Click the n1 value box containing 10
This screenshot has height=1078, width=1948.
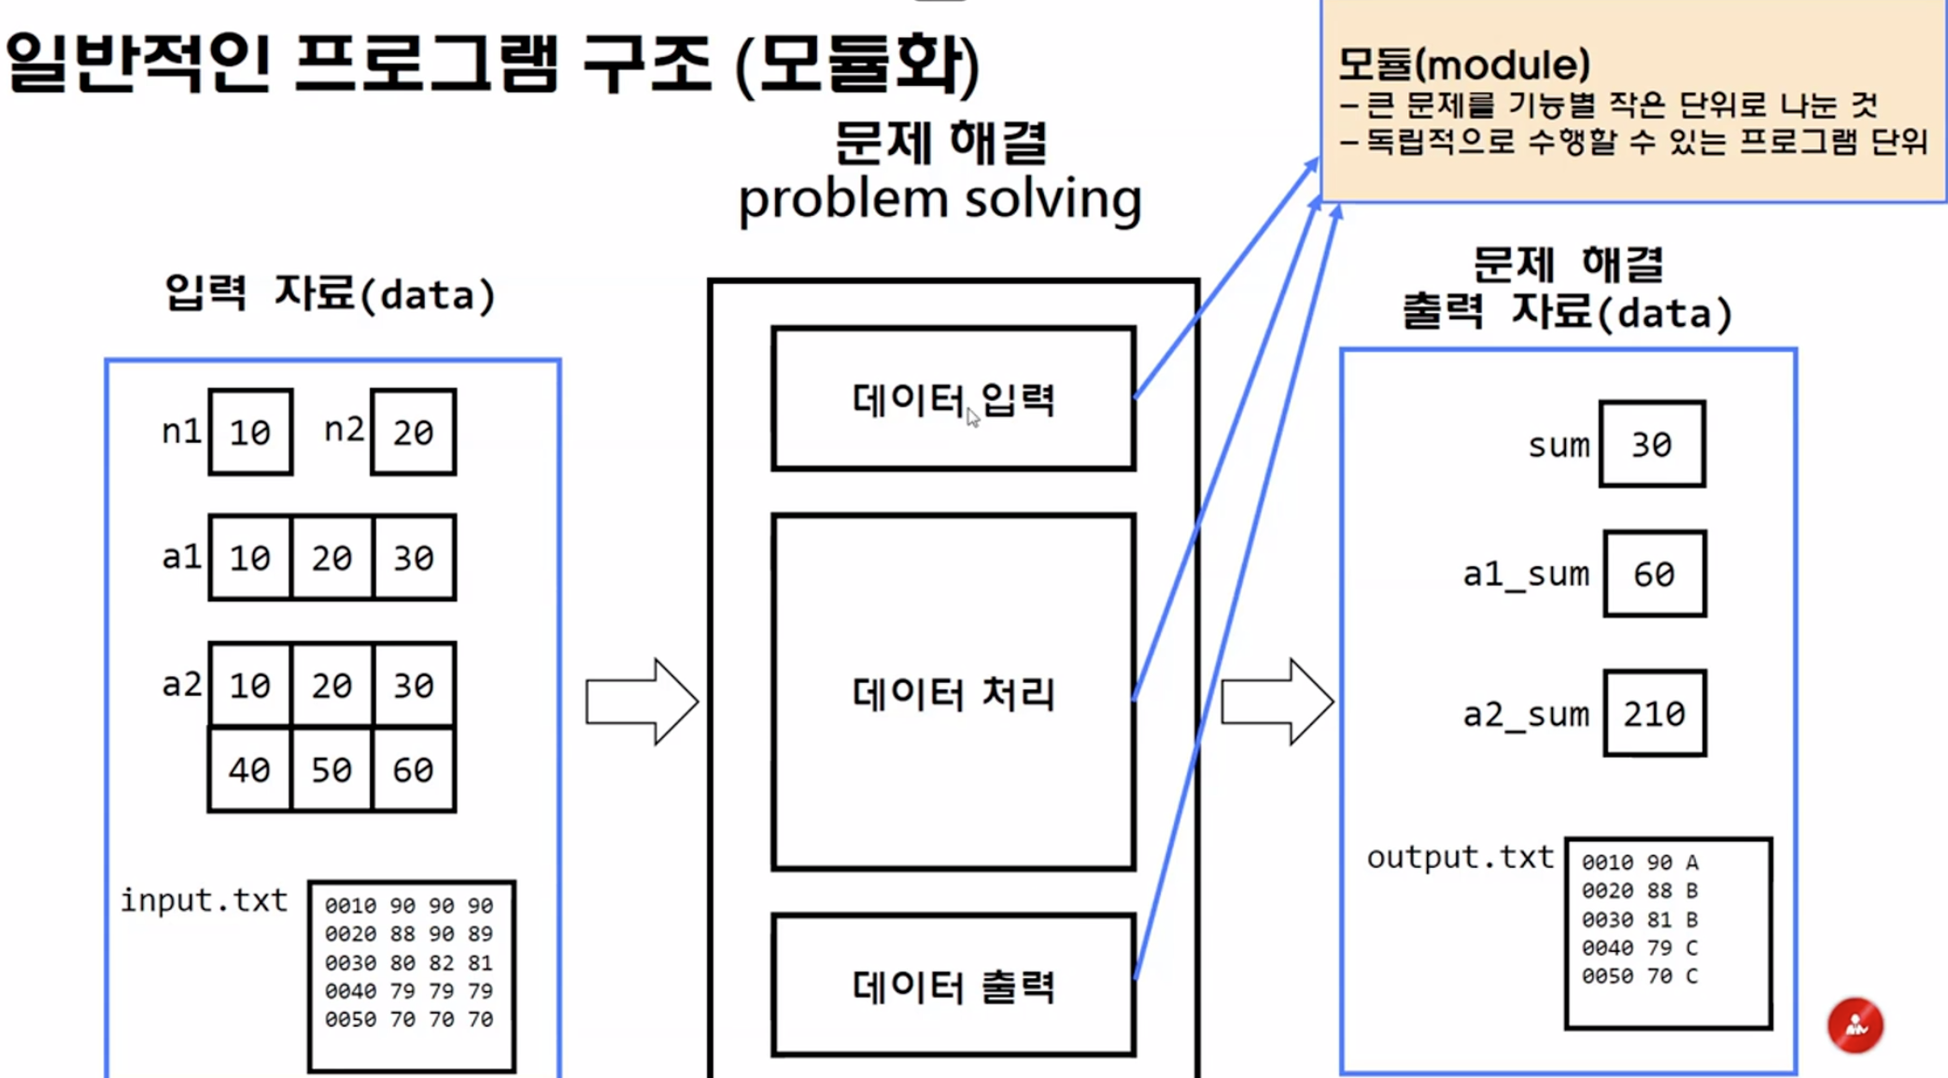tap(250, 433)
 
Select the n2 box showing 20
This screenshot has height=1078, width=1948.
tap(413, 433)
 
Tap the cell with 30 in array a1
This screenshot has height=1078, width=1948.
tap(414, 558)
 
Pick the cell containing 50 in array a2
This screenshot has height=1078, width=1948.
tap(332, 770)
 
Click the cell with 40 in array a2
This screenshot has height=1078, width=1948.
tap(249, 770)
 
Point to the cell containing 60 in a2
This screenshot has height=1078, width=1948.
tap(414, 770)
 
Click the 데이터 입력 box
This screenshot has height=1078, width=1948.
tap(953, 399)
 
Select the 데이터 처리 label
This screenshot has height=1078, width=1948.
tap(953, 693)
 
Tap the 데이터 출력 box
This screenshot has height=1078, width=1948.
tap(953, 986)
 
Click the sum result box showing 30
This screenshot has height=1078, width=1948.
tap(1651, 445)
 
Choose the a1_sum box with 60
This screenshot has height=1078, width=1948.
tap(1654, 574)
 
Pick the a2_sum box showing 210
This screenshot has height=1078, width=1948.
tap(1654, 714)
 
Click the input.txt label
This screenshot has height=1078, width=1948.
tap(204, 901)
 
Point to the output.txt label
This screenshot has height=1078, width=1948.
tap(1460, 858)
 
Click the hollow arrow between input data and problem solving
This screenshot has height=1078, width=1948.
tap(642, 702)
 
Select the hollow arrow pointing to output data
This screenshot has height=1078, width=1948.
tap(1277, 702)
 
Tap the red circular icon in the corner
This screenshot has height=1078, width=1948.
tap(1855, 1026)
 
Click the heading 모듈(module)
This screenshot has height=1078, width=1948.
tap(1463, 64)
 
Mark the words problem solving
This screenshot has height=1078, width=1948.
tap(939, 199)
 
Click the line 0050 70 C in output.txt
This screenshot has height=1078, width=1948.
tap(1639, 976)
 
